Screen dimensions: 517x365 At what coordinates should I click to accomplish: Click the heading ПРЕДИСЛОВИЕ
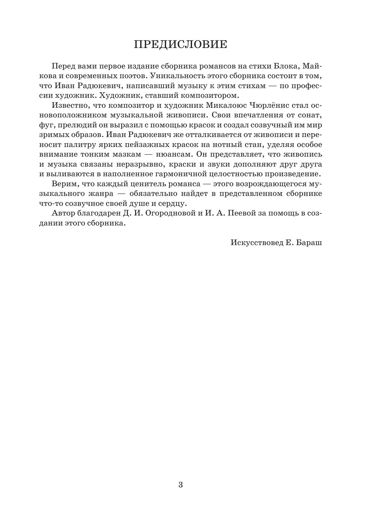click(180, 45)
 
